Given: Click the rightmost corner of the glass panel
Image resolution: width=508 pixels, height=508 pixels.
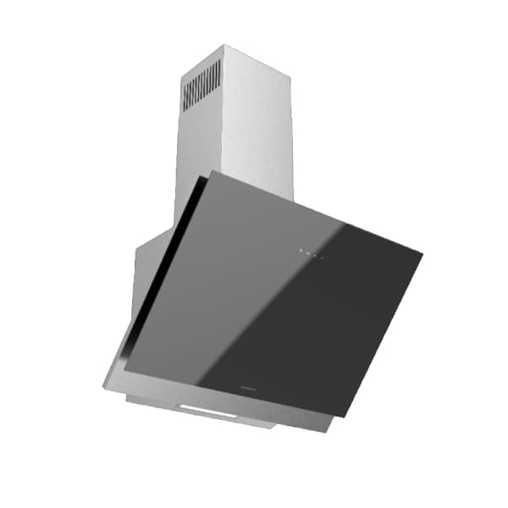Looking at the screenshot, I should click(x=421, y=251).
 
